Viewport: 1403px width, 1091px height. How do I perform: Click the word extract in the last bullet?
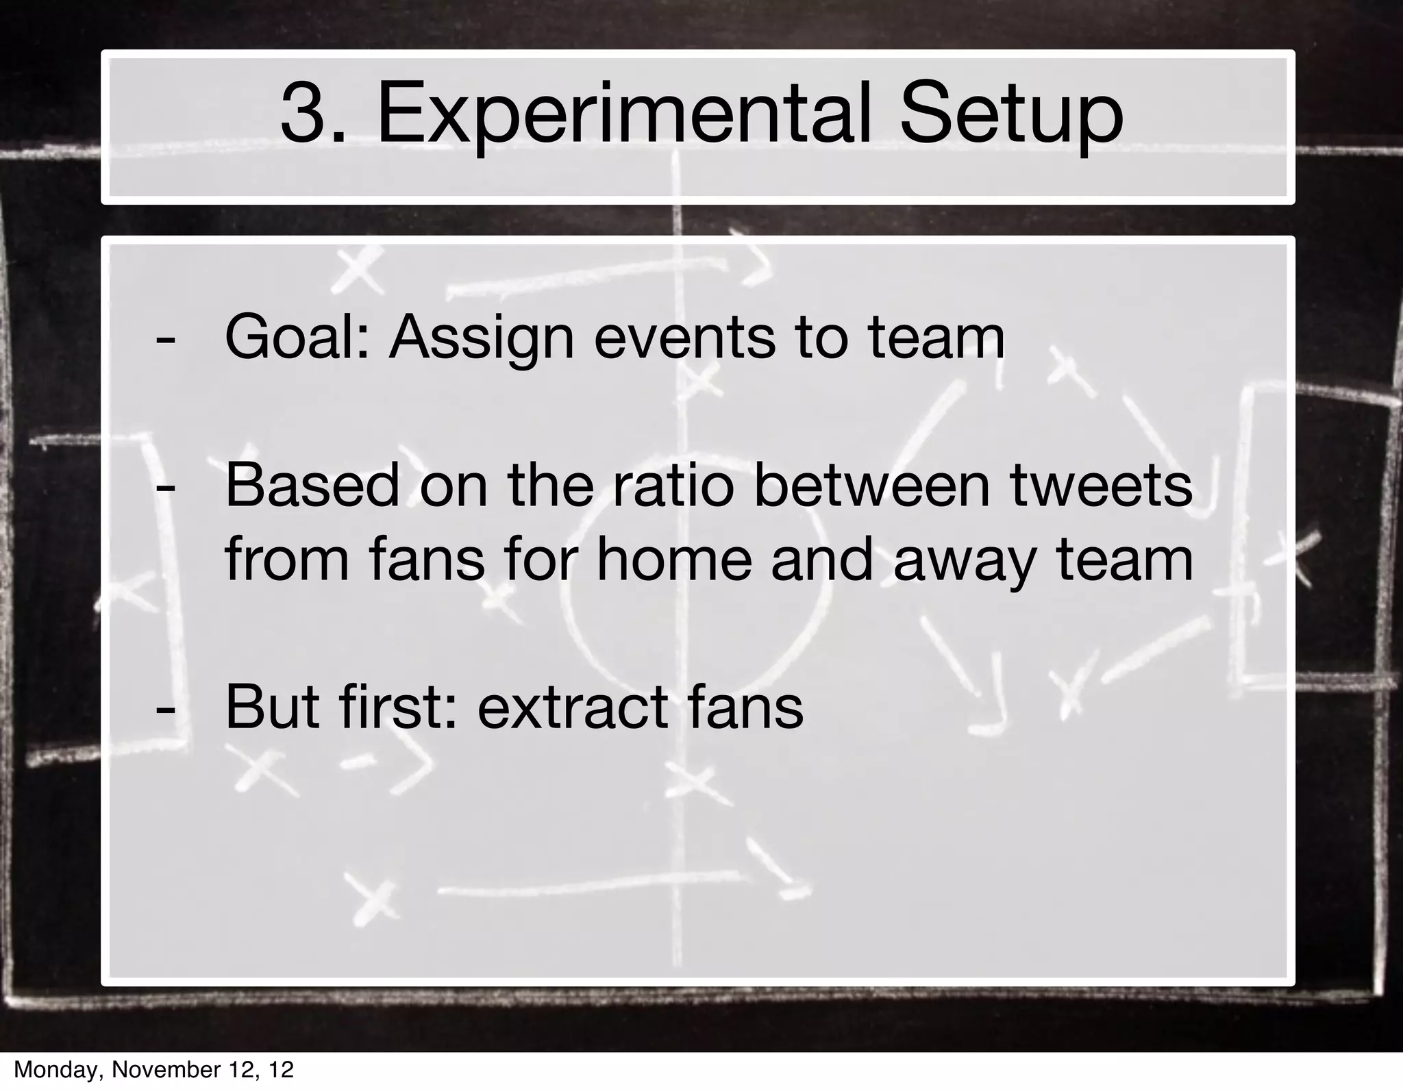pos(573,707)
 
